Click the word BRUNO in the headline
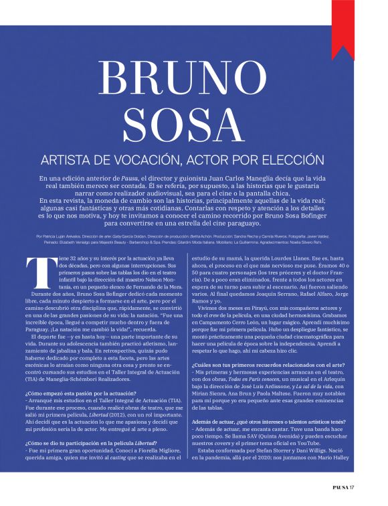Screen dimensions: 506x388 [194, 79]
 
